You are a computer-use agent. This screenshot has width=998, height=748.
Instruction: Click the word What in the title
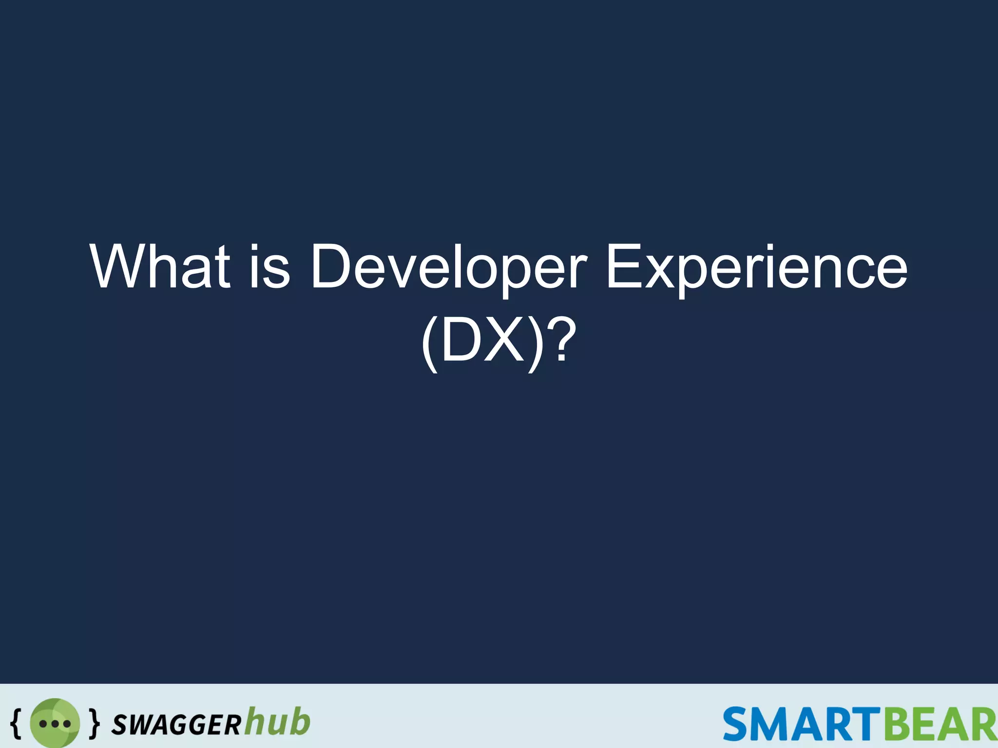(160, 267)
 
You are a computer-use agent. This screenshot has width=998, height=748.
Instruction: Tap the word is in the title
(270, 267)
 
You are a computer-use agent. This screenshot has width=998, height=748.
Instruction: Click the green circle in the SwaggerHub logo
(55, 723)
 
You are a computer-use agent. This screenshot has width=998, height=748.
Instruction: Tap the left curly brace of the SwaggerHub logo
(16, 723)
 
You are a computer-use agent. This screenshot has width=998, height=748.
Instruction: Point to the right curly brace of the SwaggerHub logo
(95, 723)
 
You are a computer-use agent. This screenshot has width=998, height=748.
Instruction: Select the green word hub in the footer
(277, 721)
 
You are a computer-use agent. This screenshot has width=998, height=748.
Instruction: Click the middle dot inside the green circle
(55, 724)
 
